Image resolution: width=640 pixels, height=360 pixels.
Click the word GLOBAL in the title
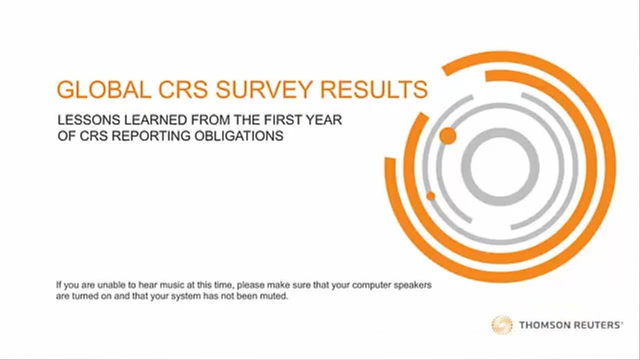pyautogui.click(x=104, y=89)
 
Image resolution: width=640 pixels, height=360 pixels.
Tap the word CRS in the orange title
pyautogui.click(x=183, y=89)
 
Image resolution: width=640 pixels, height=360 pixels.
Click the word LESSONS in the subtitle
pyautogui.click(x=88, y=120)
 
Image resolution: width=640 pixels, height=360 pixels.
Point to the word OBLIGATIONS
pyautogui.click(x=239, y=135)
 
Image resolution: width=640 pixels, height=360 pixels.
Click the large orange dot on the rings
pyautogui.click(x=447, y=136)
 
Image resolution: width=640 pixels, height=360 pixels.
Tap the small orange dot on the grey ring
pyautogui.click(x=431, y=196)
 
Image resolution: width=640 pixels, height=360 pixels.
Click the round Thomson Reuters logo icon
pyautogui.click(x=501, y=325)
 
